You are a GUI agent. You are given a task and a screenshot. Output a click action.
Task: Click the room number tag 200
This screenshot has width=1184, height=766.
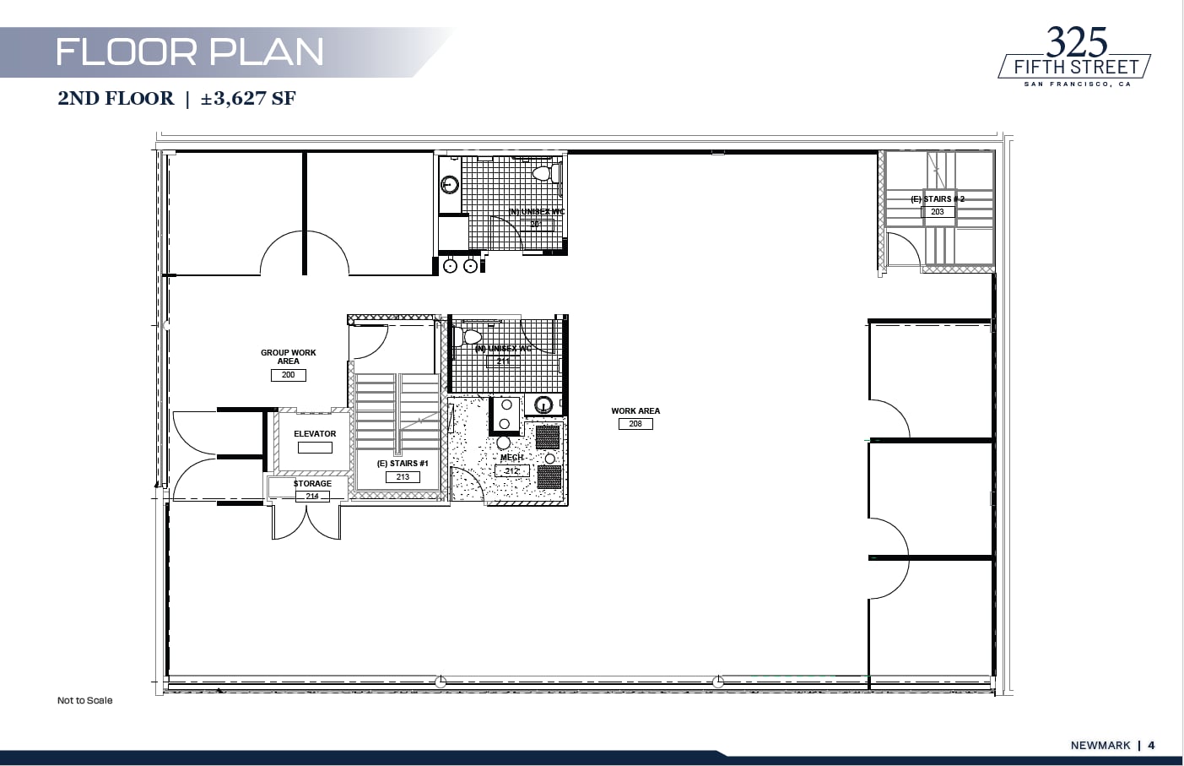288,375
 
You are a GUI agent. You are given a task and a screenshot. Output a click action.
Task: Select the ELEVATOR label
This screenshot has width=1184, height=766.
315,433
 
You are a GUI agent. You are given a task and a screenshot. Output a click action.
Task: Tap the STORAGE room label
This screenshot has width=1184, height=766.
312,484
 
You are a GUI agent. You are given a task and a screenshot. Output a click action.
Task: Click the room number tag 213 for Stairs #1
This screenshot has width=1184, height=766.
403,477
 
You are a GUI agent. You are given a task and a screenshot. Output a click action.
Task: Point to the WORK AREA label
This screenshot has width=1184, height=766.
635,411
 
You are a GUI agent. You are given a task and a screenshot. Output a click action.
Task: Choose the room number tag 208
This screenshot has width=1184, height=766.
635,424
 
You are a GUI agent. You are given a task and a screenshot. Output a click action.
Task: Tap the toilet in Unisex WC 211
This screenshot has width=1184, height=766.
467,336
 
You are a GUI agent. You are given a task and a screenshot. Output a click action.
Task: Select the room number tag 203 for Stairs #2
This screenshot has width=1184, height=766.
938,212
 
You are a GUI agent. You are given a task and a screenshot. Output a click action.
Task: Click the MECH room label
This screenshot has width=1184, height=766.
511,458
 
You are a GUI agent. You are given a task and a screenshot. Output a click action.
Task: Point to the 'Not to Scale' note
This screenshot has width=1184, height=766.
84,700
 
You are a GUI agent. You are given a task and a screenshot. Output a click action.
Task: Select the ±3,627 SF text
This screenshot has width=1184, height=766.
248,99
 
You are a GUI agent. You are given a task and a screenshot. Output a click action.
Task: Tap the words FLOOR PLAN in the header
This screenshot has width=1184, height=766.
189,52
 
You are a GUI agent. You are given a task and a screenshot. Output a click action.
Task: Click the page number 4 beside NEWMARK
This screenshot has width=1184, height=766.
1151,745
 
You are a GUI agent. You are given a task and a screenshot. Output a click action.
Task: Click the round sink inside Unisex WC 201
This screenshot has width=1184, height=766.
450,184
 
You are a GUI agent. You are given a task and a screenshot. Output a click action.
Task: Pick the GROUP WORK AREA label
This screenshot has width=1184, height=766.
288,356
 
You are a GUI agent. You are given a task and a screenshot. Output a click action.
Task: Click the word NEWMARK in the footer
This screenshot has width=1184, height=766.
1100,745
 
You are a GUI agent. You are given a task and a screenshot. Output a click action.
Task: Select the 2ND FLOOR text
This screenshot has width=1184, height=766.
116,99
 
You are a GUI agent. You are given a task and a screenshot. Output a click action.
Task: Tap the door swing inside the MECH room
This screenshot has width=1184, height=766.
467,485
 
